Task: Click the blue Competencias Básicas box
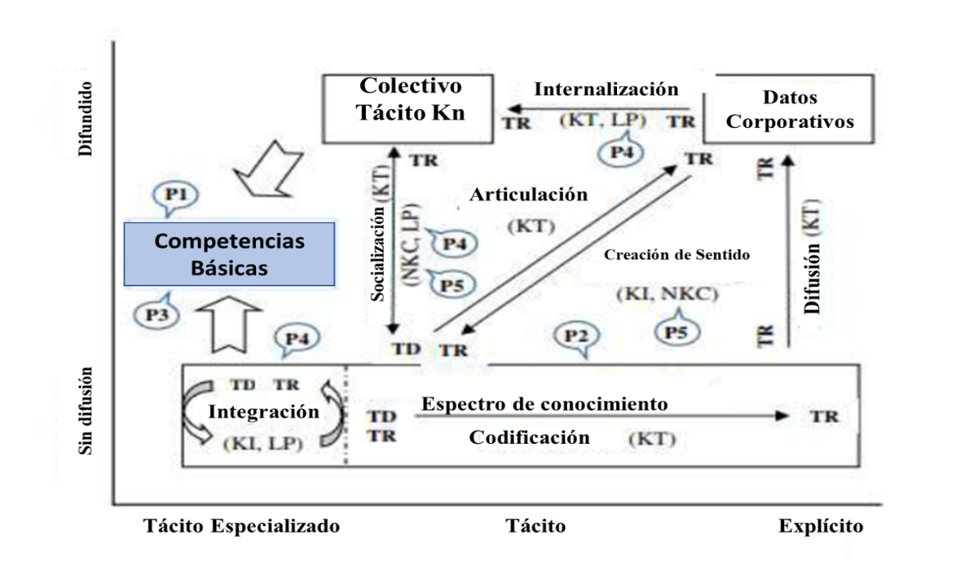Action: [229, 254]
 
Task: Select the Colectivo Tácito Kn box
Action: [408, 108]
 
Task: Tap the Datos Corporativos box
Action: [788, 109]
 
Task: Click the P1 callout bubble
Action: [176, 197]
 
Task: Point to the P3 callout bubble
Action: [157, 313]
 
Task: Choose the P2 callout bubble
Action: [577, 337]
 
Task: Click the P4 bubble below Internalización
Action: [621, 150]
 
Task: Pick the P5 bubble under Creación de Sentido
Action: [677, 330]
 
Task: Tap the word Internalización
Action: [606, 89]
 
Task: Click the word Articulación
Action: [528, 194]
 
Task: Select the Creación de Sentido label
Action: [677, 254]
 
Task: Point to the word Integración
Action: [263, 412]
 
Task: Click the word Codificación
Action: [529, 437]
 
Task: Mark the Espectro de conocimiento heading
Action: [545, 405]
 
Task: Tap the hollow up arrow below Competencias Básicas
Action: [229, 324]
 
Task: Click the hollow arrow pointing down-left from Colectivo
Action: [268, 169]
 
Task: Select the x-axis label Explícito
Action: [820, 527]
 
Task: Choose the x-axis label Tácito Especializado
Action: [242, 526]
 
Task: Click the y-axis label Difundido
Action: [85, 119]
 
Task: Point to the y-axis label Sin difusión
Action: [85, 410]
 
